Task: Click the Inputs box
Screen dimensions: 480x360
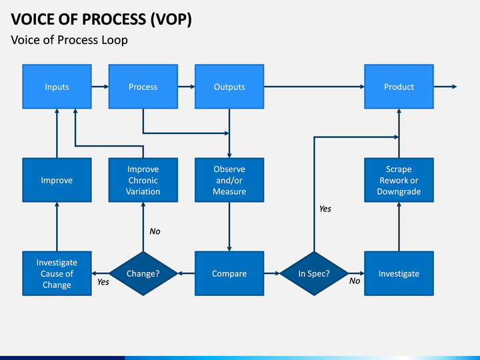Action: coord(57,87)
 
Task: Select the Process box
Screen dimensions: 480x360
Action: coord(143,87)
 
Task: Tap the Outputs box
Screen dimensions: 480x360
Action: coord(229,87)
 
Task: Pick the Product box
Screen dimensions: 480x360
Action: coord(399,87)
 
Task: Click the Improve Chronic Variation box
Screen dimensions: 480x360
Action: coord(143,180)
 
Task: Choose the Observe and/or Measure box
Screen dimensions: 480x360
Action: coord(229,180)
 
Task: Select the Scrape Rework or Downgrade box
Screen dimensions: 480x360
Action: coord(399,180)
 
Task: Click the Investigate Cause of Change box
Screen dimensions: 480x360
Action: coord(57,273)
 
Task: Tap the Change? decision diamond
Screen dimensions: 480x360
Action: coord(143,273)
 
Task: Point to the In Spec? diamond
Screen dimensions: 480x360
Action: coord(314,273)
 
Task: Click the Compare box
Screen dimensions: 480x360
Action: coord(229,273)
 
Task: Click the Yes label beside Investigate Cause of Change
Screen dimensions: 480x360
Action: coord(103,282)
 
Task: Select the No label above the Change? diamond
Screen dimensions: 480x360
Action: coord(155,231)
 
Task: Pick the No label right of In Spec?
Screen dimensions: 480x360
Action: coord(355,281)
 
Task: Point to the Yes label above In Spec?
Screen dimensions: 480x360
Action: coord(325,209)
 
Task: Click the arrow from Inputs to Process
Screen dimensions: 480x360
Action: coord(100,87)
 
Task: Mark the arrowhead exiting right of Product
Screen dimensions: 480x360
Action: coord(455,87)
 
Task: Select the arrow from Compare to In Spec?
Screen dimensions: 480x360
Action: coord(272,273)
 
